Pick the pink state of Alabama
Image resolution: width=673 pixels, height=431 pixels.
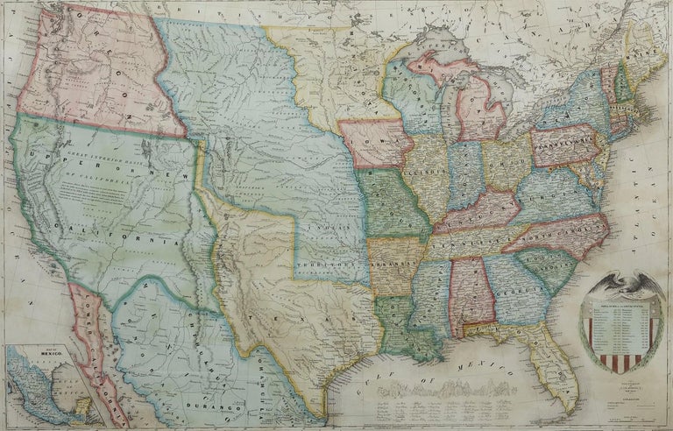click(471, 293)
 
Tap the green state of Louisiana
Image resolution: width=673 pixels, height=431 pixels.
click(399, 324)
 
